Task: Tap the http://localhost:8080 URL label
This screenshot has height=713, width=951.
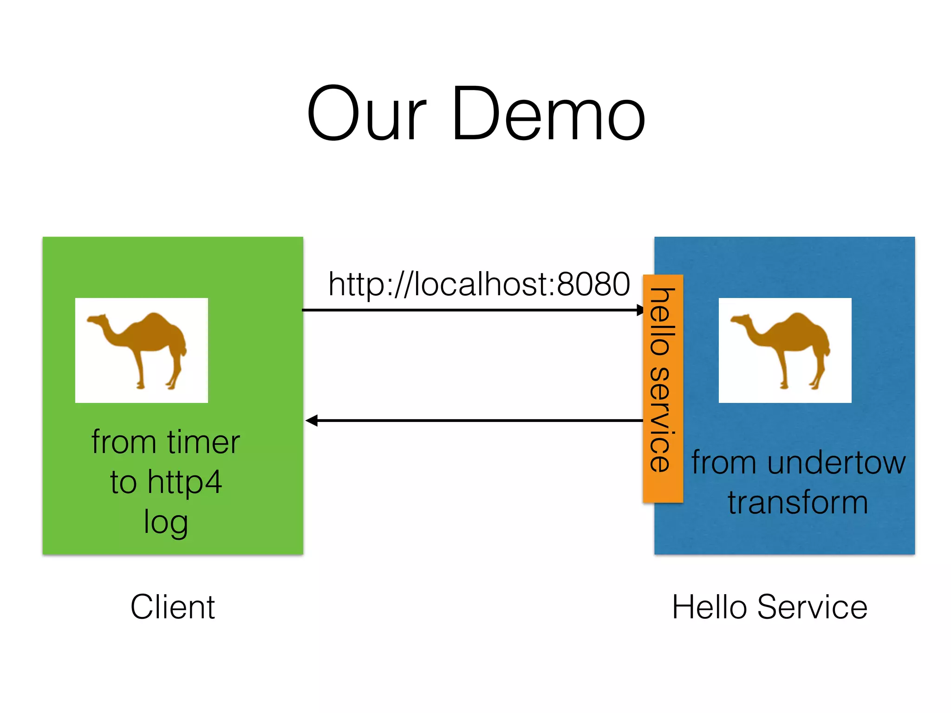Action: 478,284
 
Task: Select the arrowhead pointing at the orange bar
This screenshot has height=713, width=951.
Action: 640,310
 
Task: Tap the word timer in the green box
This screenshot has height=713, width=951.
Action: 203,442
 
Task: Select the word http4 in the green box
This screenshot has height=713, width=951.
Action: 184,482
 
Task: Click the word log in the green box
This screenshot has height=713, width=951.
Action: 166,523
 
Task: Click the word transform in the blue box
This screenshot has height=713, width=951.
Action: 798,502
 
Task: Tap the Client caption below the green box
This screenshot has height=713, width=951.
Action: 172,607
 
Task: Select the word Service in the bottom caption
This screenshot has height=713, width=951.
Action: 812,607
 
